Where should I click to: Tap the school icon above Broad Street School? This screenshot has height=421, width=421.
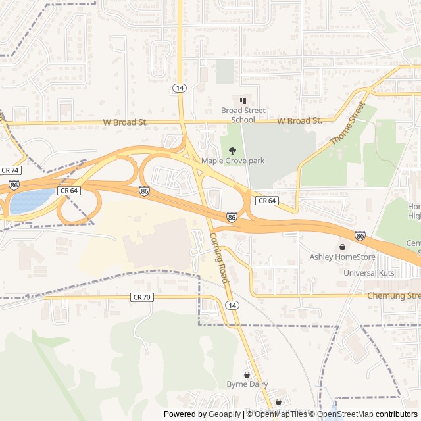(243, 101)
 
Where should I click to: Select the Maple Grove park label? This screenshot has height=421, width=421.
(232, 161)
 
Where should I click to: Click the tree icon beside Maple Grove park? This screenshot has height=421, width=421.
(231, 151)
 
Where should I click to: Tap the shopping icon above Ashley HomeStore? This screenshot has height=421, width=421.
(342, 247)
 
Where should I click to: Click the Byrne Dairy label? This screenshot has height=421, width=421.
(247, 384)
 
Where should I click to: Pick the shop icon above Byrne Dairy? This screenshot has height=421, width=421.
(247, 374)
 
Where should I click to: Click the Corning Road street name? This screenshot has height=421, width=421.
(219, 257)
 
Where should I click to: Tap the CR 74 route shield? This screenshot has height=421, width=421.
(11, 170)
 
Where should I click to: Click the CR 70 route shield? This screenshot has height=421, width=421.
(141, 297)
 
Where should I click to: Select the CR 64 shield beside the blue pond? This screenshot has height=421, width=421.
(68, 191)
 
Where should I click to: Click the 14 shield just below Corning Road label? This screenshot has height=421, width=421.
(232, 305)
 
